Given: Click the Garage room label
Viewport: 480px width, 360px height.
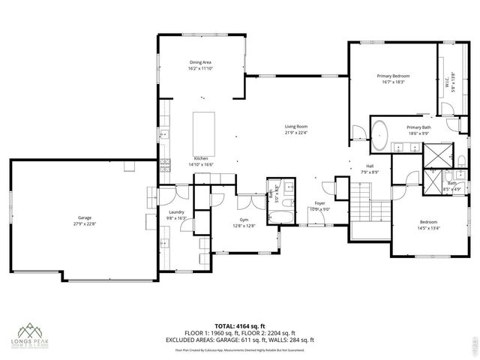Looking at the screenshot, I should (84, 217).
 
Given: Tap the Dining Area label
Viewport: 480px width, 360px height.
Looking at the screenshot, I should (200, 63).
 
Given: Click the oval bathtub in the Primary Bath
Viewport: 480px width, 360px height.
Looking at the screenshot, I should (380, 133).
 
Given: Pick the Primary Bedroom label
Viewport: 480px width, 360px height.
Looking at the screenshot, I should (393, 76).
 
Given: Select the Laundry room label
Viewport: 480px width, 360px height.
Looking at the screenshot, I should (176, 212).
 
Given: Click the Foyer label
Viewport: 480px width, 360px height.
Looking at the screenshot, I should (319, 203).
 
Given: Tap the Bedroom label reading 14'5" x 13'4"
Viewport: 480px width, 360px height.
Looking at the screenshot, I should (428, 228).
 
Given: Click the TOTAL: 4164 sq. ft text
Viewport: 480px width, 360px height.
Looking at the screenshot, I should (240, 325).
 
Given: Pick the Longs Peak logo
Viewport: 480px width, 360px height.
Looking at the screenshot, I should (30, 334).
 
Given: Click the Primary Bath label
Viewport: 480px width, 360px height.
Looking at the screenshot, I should (418, 127).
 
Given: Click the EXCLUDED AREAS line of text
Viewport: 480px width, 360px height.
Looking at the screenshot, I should (240, 340).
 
